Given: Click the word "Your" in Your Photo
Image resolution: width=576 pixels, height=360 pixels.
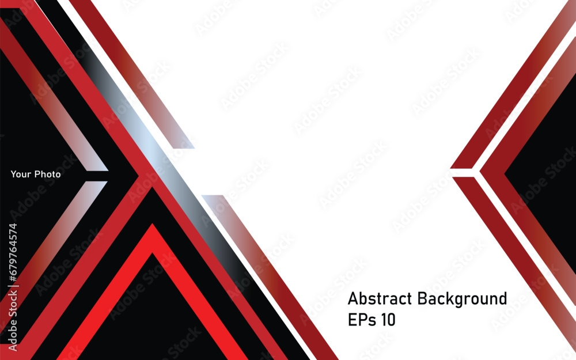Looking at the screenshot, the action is coord(21,174).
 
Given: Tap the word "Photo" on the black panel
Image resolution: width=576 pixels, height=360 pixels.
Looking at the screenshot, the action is coord(48,174).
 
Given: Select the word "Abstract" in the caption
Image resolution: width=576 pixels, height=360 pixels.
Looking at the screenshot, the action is coord(380,298).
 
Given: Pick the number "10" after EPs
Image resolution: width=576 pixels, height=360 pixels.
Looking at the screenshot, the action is coord(388,320).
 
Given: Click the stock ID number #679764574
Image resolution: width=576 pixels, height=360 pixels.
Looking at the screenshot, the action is coord(13,253).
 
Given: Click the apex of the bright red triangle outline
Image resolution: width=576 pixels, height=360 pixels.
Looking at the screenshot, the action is coord(153,224).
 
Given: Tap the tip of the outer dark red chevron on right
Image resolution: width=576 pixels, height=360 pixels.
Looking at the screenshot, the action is coord(451,168).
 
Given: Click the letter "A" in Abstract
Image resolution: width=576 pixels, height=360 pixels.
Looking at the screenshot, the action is coord(353,298).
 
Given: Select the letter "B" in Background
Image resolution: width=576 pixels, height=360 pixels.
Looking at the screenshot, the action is coord(422,298).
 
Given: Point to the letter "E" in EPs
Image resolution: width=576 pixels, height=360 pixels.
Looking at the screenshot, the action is coord(352,320).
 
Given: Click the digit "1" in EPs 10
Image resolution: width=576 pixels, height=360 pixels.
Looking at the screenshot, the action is coord(384,320).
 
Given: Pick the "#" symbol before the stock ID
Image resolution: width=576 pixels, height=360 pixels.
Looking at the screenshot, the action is coord(13,278).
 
